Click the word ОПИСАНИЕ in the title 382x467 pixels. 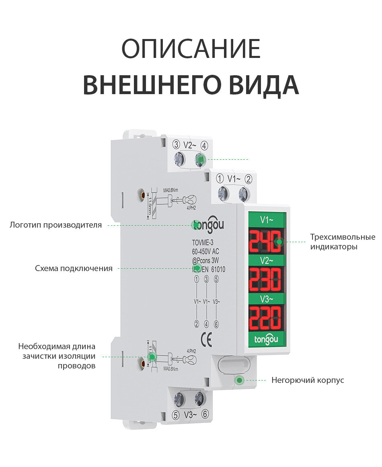click(x=191, y=49)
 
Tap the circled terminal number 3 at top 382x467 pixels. click(x=176, y=144)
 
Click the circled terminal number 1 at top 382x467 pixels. click(x=220, y=178)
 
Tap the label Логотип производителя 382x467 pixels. click(x=56, y=225)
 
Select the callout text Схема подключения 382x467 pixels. click(x=74, y=268)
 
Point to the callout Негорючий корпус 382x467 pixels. click(x=308, y=380)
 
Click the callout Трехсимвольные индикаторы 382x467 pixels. click(x=342, y=242)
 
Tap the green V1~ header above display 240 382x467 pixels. click(x=266, y=220)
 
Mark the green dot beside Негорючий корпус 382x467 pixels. click(x=240, y=380)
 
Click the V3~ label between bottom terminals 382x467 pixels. click(x=190, y=415)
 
